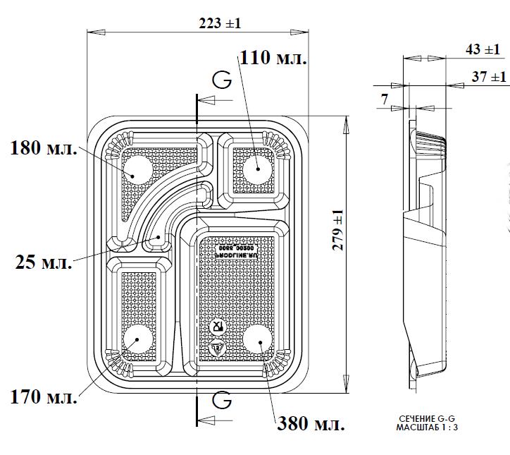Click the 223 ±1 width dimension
point(220,23)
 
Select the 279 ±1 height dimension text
point(337,231)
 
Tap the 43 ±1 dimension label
point(483,49)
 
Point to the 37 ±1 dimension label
point(489,76)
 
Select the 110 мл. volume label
point(273,58)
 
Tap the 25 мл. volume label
point(43,263)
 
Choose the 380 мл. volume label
point(311,425)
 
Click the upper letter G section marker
point(222,80)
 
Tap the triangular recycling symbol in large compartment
point(216,347)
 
